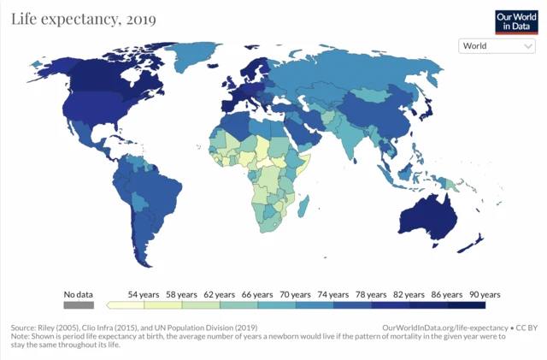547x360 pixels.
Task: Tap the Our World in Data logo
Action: click(516, 21)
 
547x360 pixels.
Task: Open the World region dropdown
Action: click(497, 46)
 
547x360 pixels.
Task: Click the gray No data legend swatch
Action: click(77, 304)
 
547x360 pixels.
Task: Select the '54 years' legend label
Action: click(144, 294)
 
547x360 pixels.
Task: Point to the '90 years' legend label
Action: click(485, 294)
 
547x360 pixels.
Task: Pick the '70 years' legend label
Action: click(296, 294)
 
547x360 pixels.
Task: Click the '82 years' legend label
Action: click(409, 294)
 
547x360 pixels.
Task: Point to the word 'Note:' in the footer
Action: click(20, 337)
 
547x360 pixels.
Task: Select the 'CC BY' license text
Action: click(526, 328)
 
